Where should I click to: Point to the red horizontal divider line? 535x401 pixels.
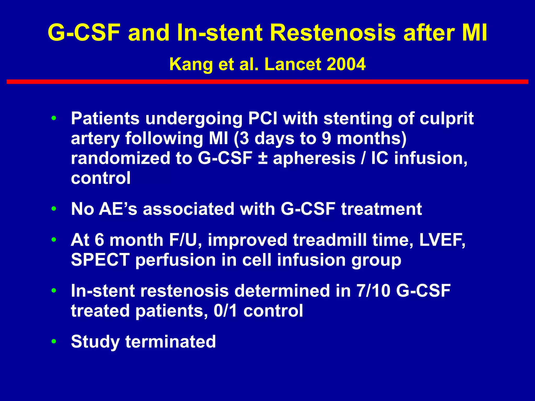[x=267, y=82]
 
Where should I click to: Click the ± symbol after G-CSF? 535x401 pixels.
[x=263, y=158]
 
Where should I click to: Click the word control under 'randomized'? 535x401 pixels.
[x=101, y=178]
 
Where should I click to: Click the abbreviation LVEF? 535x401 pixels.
[x=441, y=240]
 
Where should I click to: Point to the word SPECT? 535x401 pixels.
[x=100, y=260]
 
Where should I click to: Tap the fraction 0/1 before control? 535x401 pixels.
[x=225, y=311]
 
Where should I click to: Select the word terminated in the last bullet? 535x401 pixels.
[x=170, y=341]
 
